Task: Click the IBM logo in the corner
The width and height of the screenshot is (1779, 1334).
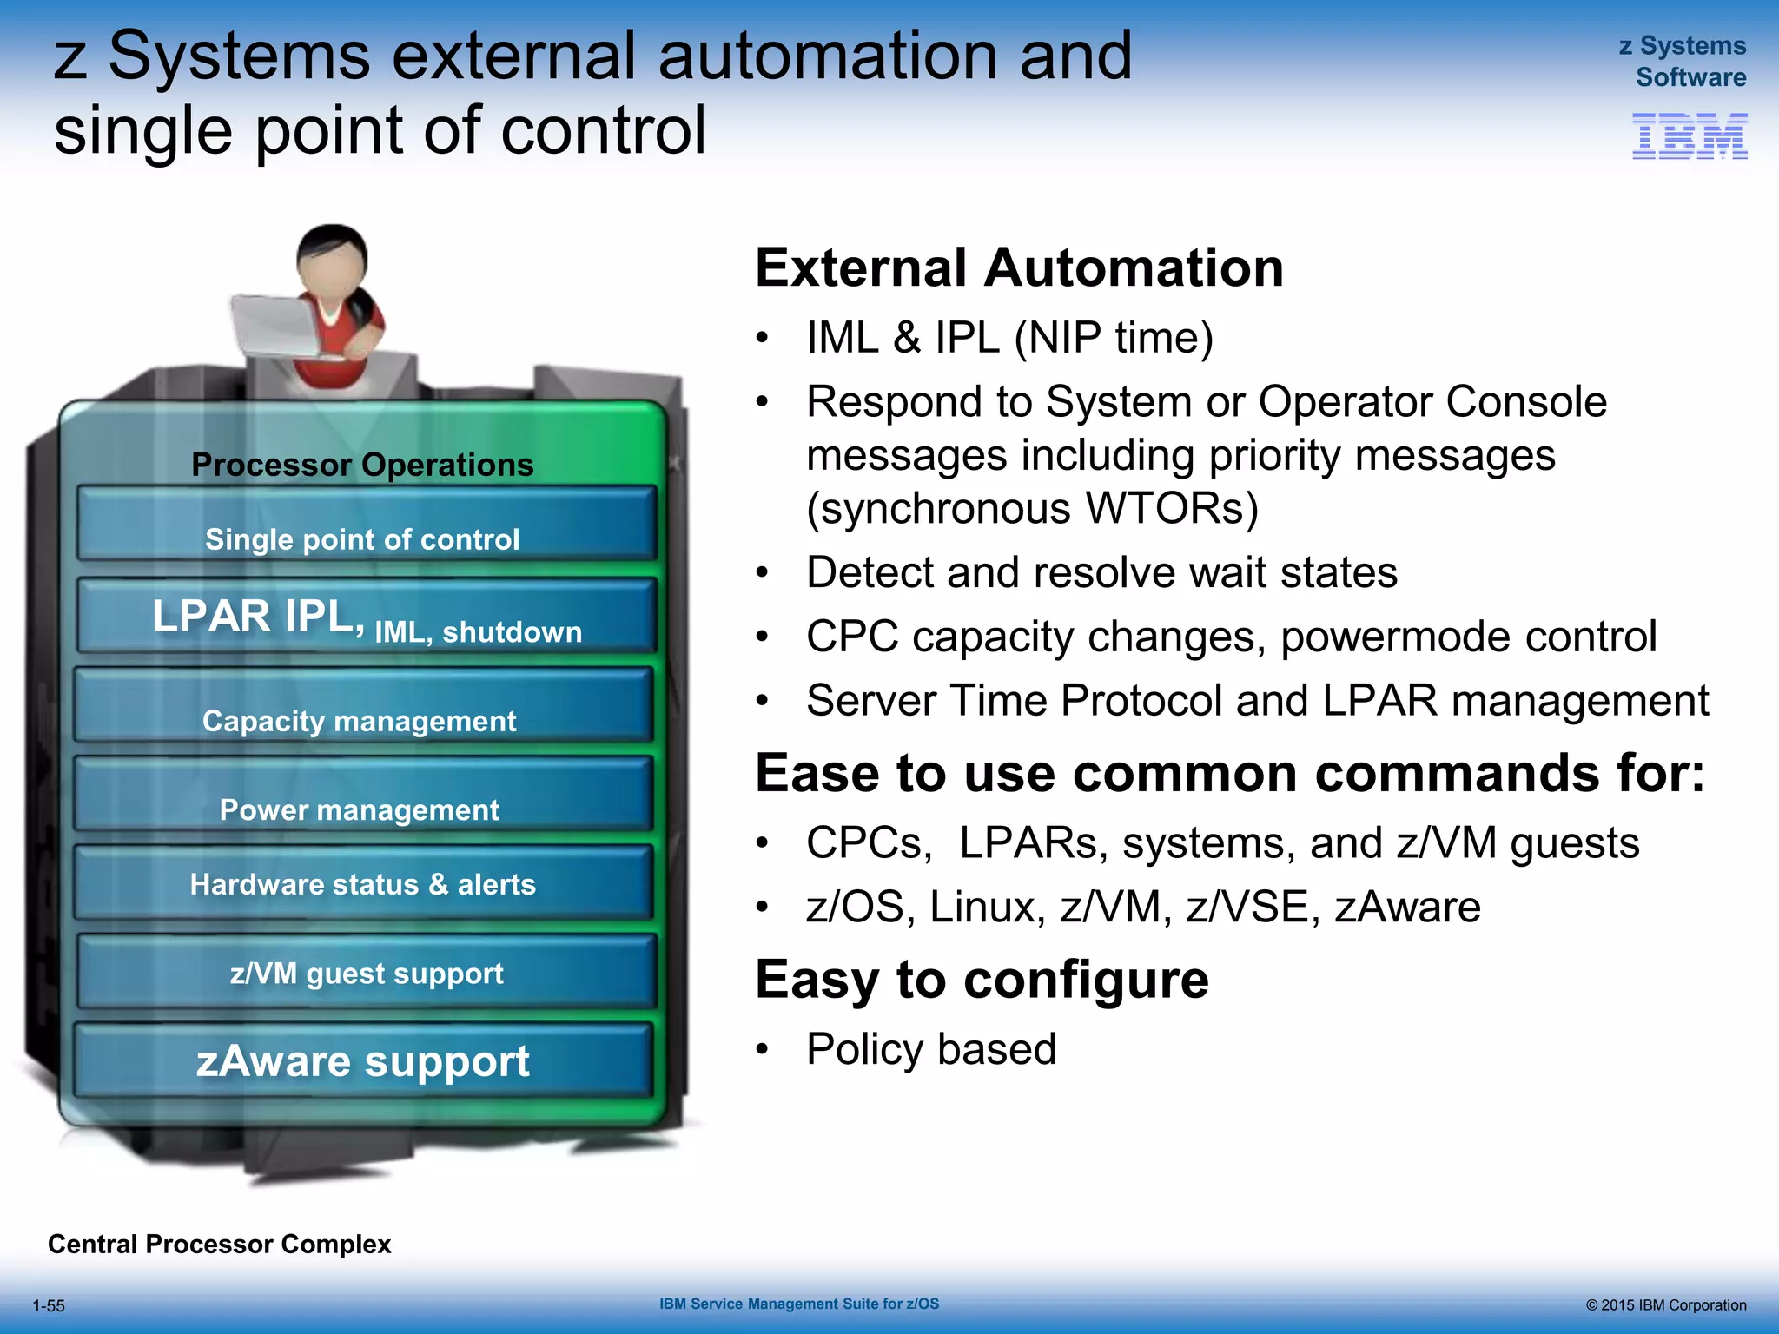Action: tap(1690, 136)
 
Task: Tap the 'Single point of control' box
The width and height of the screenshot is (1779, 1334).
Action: tap(365, 526)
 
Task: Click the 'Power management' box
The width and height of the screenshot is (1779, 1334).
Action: tap(362, 796)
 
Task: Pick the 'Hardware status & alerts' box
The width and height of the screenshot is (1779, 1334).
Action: tap(362, 884)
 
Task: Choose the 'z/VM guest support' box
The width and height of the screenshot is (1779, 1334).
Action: tap(366, 974)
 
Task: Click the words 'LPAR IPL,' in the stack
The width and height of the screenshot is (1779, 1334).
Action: tap(258, 617)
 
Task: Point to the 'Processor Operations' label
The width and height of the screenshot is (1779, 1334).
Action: tap(362, 465)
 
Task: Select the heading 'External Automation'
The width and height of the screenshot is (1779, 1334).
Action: tap(1019, 267)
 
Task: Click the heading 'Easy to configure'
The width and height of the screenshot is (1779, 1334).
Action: tap(982, 980)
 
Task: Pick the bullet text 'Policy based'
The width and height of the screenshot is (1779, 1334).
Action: tap(930, 1049)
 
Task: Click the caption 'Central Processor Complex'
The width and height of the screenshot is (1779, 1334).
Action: tap(219, 1245)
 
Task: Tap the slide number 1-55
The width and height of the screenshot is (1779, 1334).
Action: tap(49, 1306)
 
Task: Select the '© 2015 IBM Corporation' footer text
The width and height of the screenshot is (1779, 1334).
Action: tap(1665, 1305)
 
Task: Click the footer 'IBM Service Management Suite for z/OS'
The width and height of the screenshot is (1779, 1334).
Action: tap(799, 1304)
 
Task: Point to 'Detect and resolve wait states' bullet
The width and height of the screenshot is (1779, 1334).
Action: tap(1101, 573)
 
